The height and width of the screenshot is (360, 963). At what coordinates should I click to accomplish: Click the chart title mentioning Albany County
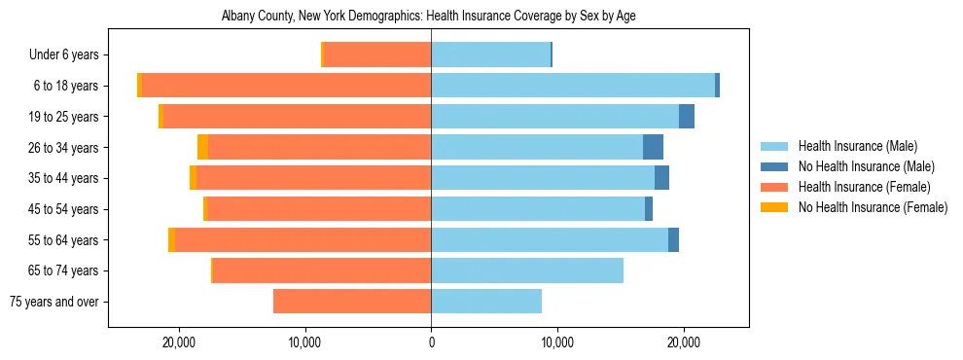pyautogui.click(x=429, y=17)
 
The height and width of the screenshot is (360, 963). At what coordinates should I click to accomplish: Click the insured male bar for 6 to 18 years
pyautogui.click(x=573, y=86)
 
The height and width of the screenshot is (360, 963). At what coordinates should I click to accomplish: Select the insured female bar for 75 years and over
pyautogui.click(x=352, y=302)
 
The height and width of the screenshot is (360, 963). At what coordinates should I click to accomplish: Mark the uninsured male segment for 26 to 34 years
pyautogui.click(x=653, y=147)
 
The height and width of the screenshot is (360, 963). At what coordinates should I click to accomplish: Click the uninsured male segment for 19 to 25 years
pyautogui.click(x=687, y=117)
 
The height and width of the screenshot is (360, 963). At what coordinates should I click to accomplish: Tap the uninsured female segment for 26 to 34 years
pyautogui.click(x=202, y=147)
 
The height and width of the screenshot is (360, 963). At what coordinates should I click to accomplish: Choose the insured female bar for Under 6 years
pyautogui.click(x=377, y=55)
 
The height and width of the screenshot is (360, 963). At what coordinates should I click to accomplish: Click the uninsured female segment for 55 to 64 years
pyautogui.click(x=171, y=240)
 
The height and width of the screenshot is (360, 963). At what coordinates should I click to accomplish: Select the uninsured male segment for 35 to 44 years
pyautogui.click(x=661, y=178)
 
